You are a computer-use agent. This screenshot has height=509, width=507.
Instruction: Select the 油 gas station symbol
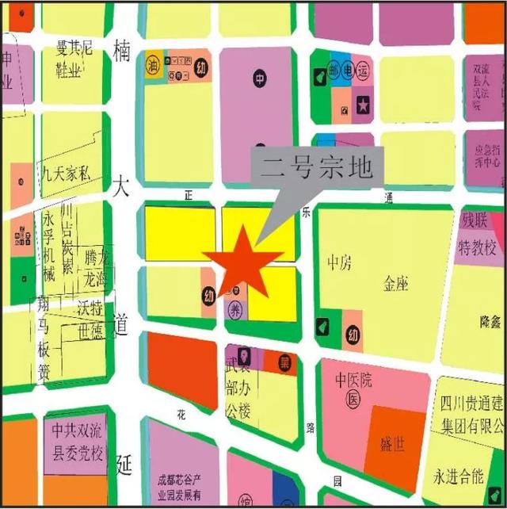152,67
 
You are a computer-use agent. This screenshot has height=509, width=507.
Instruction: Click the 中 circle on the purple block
259,78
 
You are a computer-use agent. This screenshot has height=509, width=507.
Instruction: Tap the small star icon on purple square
363,104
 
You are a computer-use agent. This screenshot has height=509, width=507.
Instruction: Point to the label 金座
395,283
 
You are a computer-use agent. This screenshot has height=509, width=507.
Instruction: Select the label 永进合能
458,476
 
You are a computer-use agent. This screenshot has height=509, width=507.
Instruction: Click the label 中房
339,262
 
